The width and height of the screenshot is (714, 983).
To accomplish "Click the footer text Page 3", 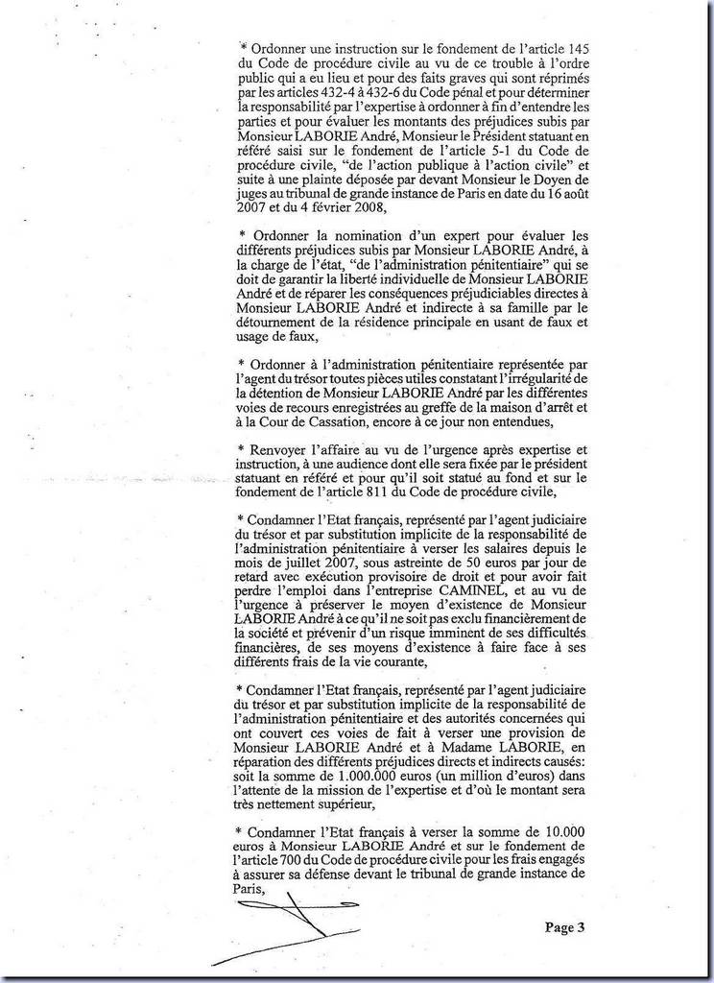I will (x=564, y=927).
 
